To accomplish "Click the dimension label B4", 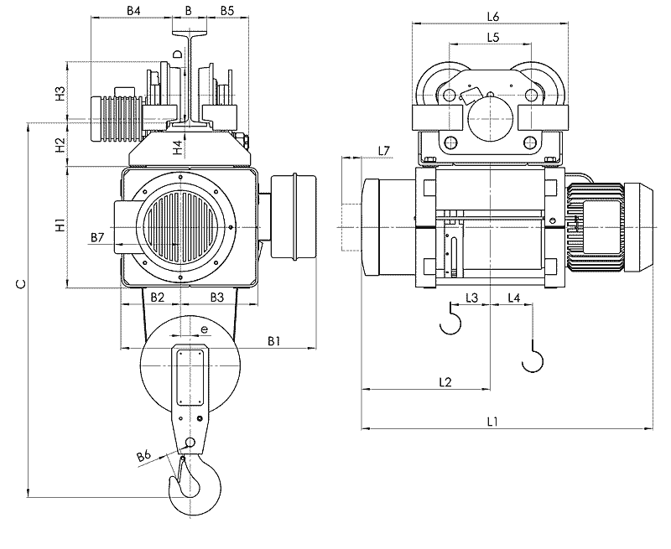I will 134,10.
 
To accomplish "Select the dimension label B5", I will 226,10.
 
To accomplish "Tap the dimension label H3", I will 60,93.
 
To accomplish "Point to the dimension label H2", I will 60,145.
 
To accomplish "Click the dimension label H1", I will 60,225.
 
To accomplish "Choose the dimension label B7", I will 97,238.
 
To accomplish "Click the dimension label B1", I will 273,340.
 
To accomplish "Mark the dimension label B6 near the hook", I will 143,457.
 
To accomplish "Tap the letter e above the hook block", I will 204,331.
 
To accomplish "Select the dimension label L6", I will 493,16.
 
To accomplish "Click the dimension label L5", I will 493,38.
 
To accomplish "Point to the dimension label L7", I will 384,150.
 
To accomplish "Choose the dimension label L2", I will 446,382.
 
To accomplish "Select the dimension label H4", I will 177,148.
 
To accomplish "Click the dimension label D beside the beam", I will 177,54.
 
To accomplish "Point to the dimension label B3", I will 216,297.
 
